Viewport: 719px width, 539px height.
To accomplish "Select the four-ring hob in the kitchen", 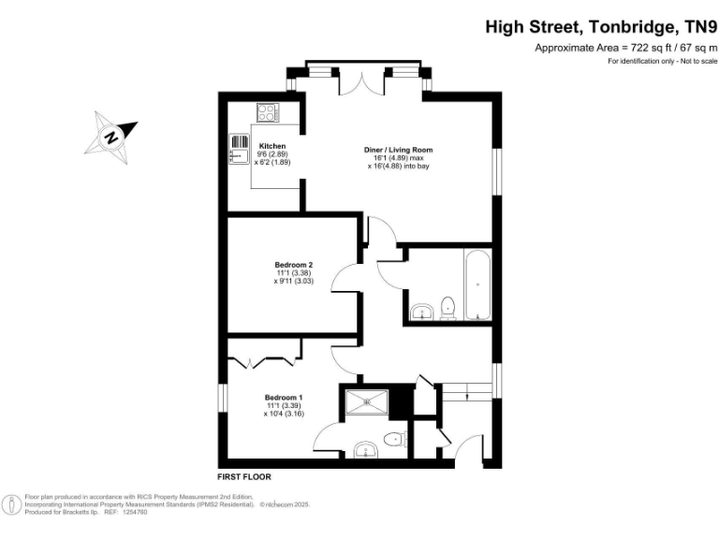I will click(268, 112).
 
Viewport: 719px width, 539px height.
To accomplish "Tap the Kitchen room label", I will click(271, 146).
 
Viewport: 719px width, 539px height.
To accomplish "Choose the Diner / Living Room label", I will click(398, 150).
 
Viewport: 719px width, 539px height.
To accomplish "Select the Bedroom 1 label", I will click(283, 397).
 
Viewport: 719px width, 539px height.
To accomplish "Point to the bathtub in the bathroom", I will click(477, 284).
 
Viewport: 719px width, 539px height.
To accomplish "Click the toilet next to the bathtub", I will click(448, 308).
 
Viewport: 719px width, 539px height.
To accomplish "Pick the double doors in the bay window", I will click(360, 82).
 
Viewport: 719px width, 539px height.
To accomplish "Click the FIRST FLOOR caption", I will click(243, 475).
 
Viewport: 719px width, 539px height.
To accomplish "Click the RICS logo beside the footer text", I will click(13, 503).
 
